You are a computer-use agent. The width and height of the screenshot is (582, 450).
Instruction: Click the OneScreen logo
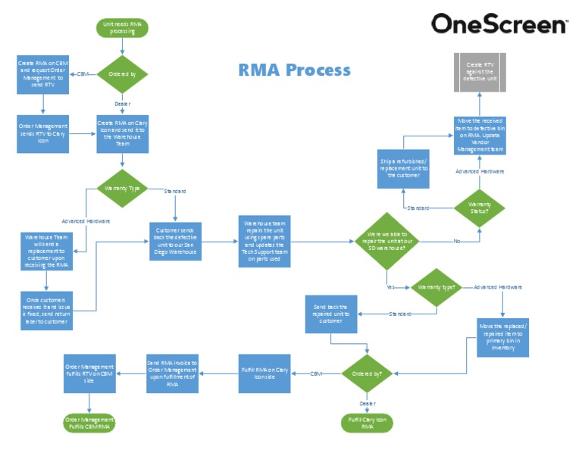click(x=499, y=24)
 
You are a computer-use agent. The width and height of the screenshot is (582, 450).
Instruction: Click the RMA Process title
click(x=295, y=70)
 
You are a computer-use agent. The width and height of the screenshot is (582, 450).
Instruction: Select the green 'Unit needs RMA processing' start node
click(x=122, y=28)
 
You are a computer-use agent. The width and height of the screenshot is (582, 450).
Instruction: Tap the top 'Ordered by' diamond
click(x=122, y=74)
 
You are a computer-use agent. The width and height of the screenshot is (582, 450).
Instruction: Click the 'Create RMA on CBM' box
click(x=42, y=74)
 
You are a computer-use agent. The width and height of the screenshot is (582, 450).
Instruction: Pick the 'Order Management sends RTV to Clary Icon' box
click(x=42, y=134)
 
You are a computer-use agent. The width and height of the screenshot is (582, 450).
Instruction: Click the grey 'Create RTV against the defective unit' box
click(x=479, y=72)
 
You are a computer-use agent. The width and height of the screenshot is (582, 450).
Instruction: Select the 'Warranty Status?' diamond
click(x=479, y=205)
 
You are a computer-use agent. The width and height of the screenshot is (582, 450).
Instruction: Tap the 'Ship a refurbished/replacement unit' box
click(x=402, y=168)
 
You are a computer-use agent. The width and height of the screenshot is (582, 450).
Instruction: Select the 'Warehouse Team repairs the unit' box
click(x=263, y=241)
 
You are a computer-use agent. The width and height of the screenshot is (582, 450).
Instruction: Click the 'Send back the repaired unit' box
click(x=331, y=314)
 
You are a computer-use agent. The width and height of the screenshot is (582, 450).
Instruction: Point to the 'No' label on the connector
click(x=456, y=242)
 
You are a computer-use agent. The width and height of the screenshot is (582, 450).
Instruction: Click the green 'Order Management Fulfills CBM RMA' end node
click(x=89, y=423)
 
